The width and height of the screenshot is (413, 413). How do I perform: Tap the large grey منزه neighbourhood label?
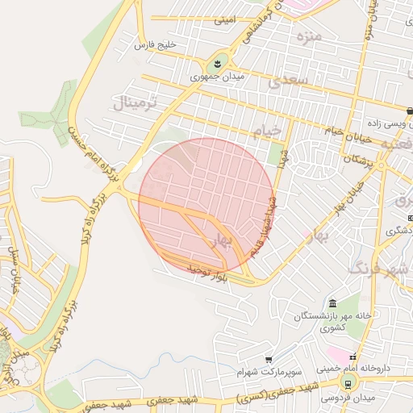(308, 37)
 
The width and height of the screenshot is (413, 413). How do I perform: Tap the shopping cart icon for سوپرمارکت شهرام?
(269, 359)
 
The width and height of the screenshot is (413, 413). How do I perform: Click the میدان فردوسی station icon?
(349, 385)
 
